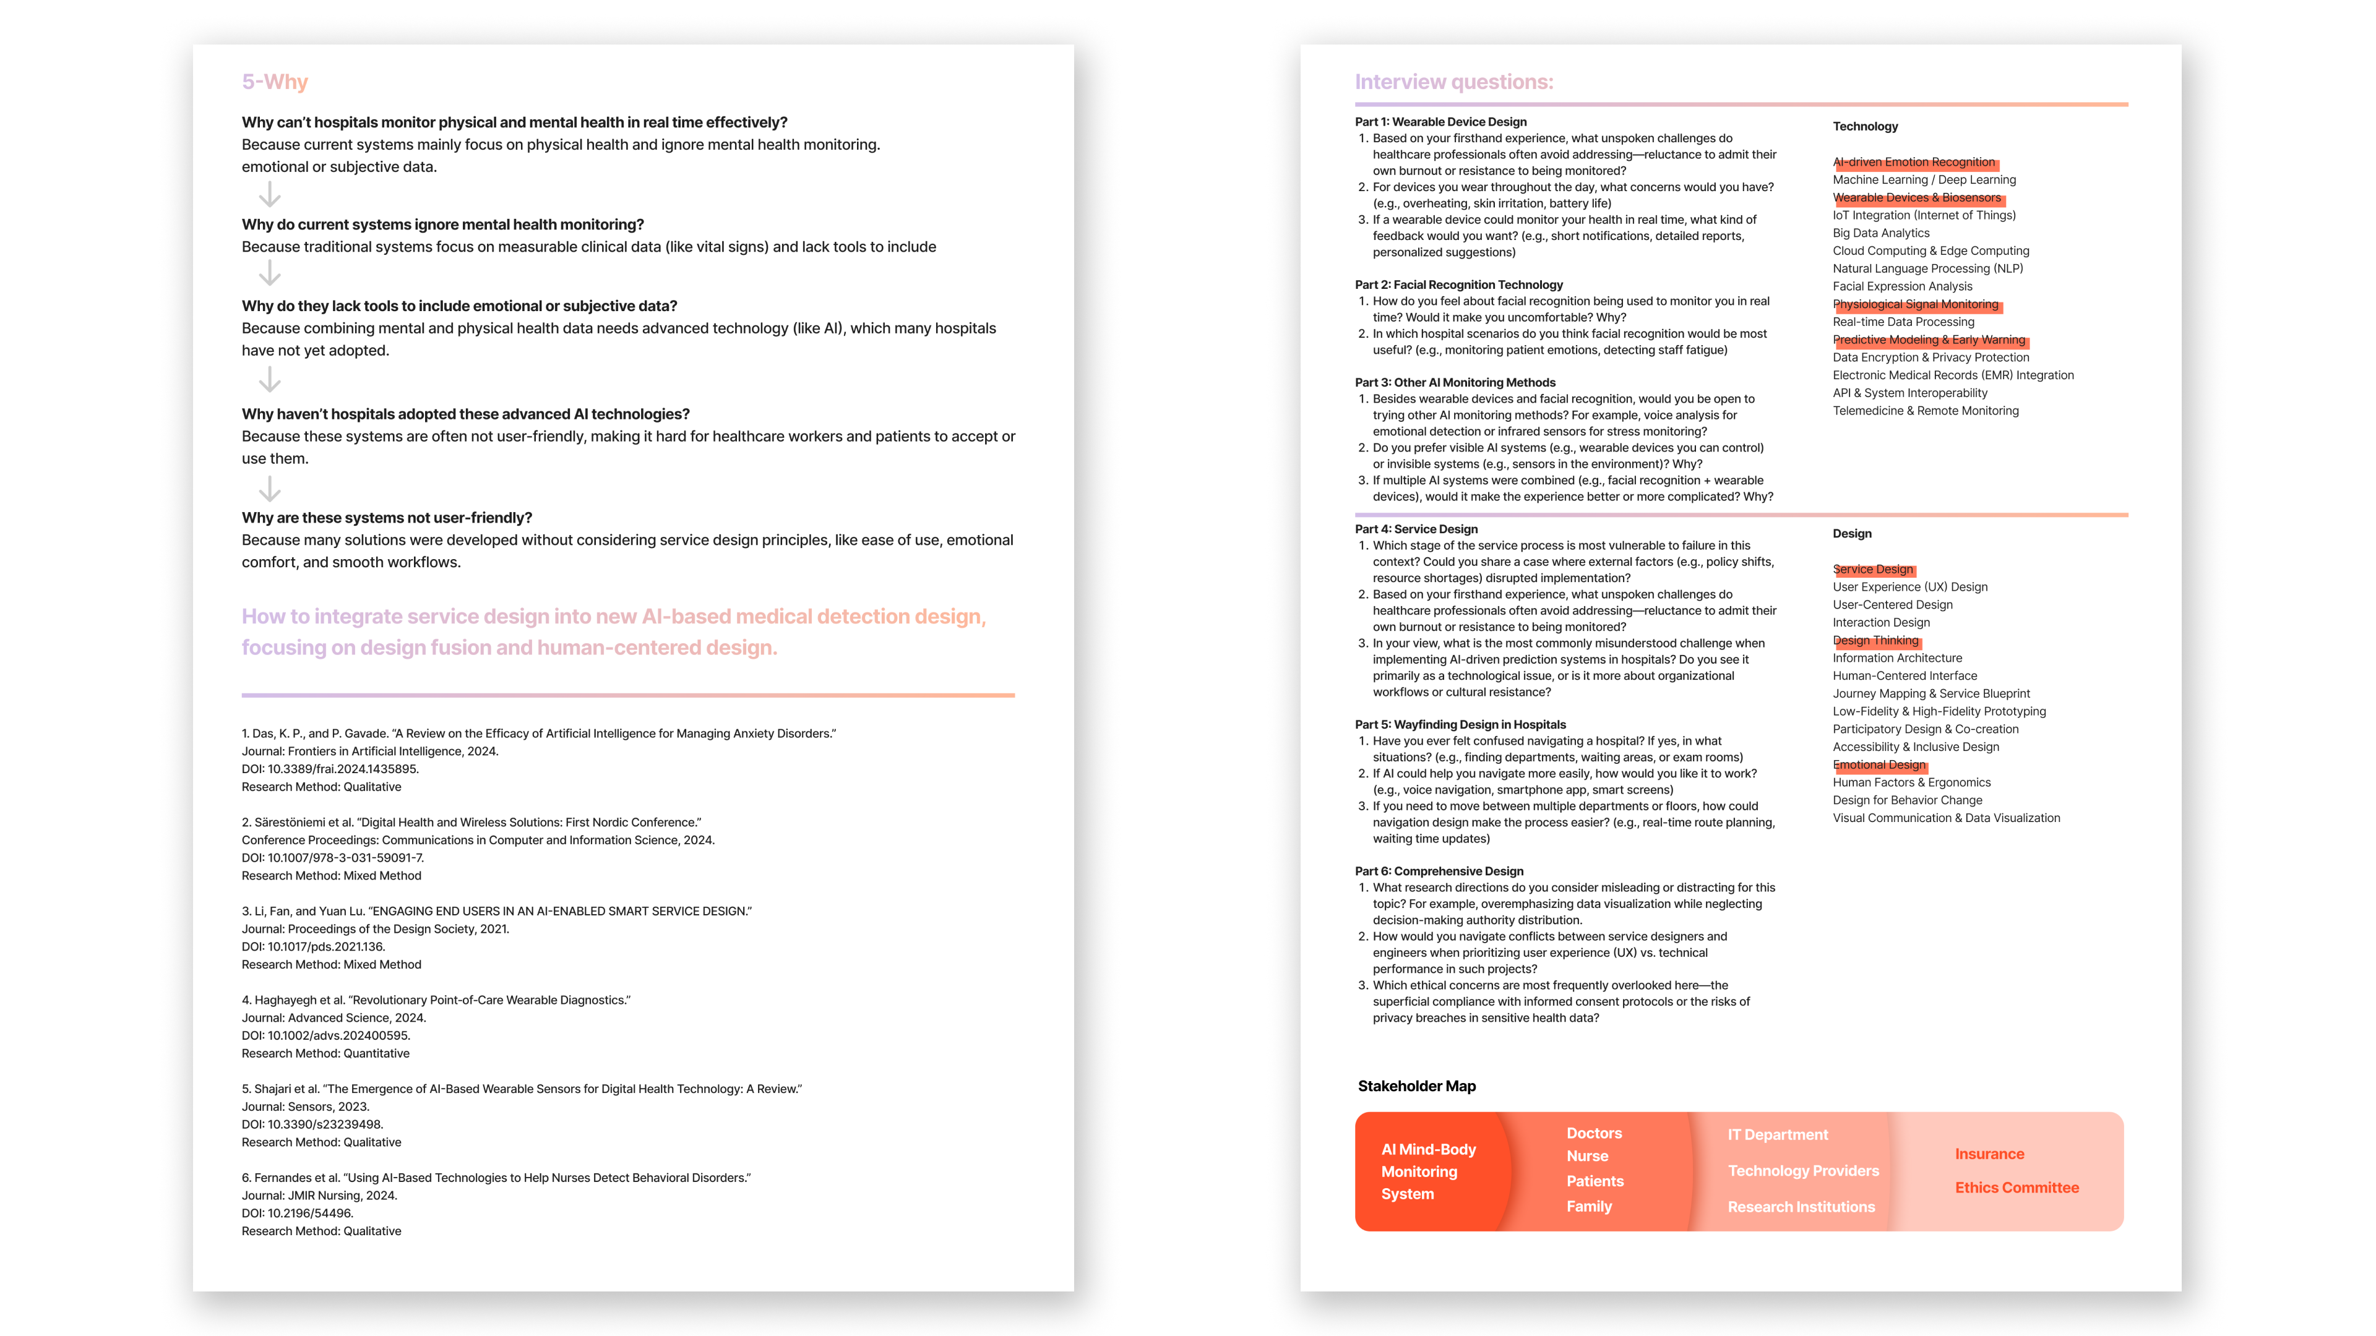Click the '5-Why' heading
275,82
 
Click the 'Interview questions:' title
1453,82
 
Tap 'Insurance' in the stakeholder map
1989,1154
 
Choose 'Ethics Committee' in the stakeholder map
2017,1188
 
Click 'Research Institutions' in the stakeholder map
1801,1207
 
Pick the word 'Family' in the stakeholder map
1588,1206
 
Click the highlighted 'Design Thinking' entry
1875,640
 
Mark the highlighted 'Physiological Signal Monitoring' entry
1915,304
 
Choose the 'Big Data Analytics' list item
1881,233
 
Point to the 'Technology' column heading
1864,126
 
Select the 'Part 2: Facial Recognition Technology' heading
1458,285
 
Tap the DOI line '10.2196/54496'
297,1214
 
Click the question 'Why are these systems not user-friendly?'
387,518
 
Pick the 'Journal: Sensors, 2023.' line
305,1107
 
